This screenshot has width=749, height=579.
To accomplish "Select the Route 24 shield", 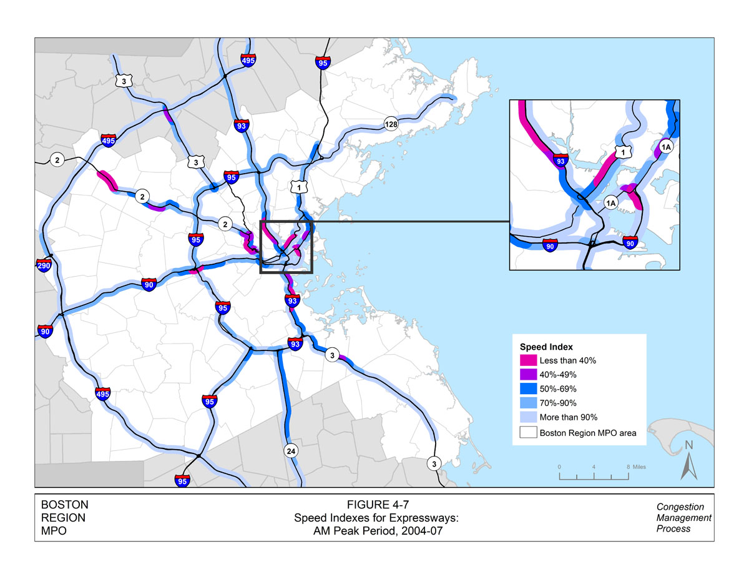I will coord(290,450).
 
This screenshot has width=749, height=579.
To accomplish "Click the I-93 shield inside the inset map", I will coord(561,161).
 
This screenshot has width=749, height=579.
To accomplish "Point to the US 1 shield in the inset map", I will coord(620,152).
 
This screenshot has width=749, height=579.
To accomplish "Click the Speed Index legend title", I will coord(547,347).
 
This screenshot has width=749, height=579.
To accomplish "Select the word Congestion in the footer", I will coord(680,507).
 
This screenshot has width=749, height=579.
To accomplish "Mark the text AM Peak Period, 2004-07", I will coord(372,531).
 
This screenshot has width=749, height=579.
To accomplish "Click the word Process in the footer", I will coord(673,528).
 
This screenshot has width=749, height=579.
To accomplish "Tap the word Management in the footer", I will coord(684,518).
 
